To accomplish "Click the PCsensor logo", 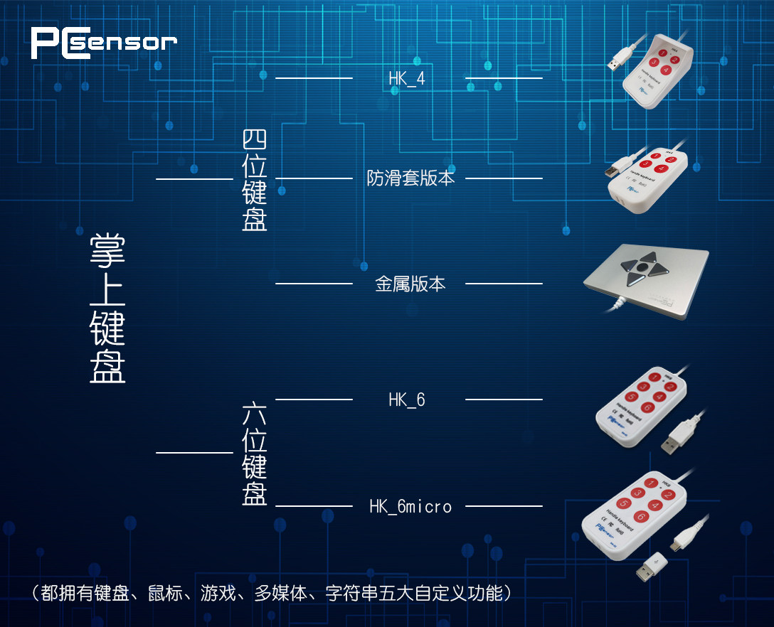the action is pyautogui.click(x=103, y=42).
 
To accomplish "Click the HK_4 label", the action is pyautogui.click(x=407, y=78).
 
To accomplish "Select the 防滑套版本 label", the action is pyautogui.click(x=410, y=178).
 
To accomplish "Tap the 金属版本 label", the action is pyautogui.click(x=410, y=284).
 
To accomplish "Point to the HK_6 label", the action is pyautogui.click(x=407, y=400).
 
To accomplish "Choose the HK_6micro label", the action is pyautogui.click(x=410, y=506).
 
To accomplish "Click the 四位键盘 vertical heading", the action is pyautogui.click(x=255, y=180).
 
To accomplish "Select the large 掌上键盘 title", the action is pyautogui.click(x=108, y=307).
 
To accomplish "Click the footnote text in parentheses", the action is pyautogui.click(x=270, y=593).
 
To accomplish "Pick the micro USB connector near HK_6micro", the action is pyautogui.click(x=679, y=545).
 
